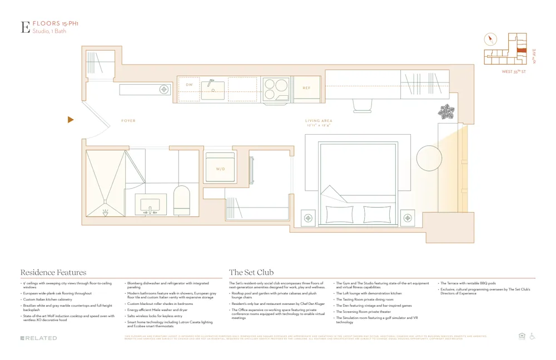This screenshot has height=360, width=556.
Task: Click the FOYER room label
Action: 128,121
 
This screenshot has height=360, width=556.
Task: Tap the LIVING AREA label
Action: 319,121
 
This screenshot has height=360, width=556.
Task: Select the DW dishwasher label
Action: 189,85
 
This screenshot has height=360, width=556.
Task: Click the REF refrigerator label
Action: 306,88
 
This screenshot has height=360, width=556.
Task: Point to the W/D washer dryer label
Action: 221,169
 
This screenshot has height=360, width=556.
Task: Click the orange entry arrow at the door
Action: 71,120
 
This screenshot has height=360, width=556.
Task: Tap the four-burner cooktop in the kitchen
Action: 276,88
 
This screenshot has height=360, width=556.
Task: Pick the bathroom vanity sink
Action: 150,205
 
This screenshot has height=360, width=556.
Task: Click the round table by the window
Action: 429,158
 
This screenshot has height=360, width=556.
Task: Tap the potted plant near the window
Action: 446,112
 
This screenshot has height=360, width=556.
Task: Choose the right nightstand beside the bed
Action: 408,217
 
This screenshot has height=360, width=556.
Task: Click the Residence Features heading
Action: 53,273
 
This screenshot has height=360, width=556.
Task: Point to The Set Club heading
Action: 251,273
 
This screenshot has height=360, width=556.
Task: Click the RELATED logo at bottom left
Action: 39,338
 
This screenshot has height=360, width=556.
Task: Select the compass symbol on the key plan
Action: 490,40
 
